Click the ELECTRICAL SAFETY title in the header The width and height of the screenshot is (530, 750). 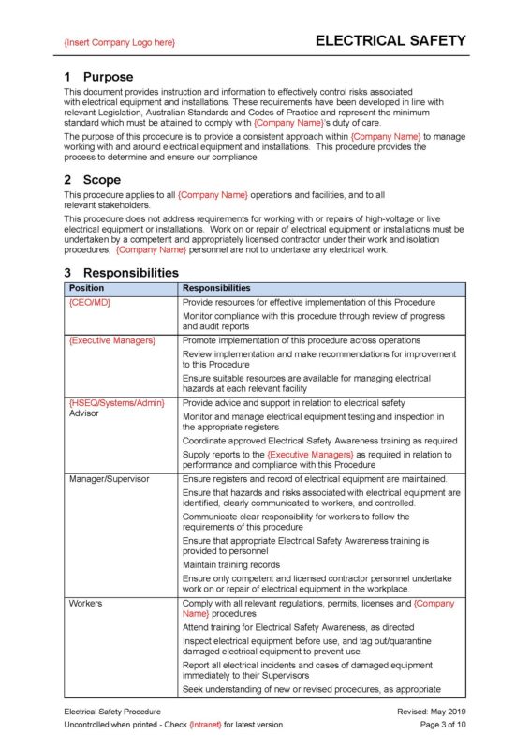coord(390,41)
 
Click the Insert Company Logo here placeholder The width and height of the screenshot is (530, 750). coord(119,43)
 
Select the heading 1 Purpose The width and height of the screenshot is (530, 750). coord(98,77)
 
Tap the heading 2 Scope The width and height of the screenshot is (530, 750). coord(92,179)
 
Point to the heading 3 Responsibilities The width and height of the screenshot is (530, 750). coord(121,273)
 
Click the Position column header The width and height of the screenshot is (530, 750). coord(87,288)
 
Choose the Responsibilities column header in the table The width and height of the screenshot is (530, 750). coord(216,288)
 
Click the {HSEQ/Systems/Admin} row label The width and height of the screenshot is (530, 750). coord(116,402)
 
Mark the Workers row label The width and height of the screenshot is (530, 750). coord(86,603)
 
